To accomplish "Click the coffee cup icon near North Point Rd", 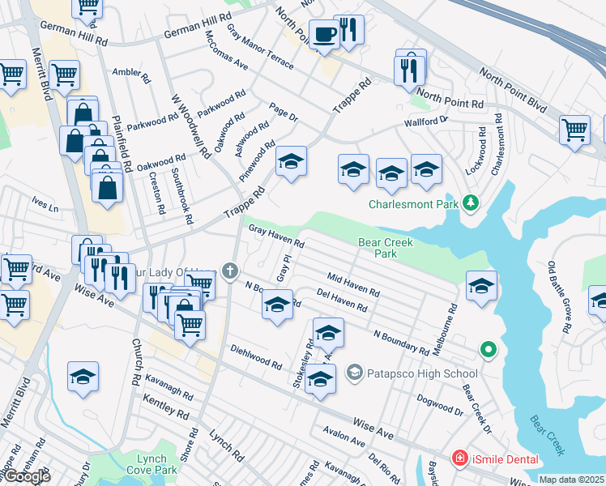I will tap(325, 35).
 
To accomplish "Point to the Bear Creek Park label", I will tap(386, 248).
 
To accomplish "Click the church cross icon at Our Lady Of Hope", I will tap(230, 271).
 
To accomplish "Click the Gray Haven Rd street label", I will tap(276, 236).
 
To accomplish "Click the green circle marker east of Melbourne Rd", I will tap(488, 350).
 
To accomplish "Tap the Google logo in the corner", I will tap(26, 476).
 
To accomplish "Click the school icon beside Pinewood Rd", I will tap(291, 162).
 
